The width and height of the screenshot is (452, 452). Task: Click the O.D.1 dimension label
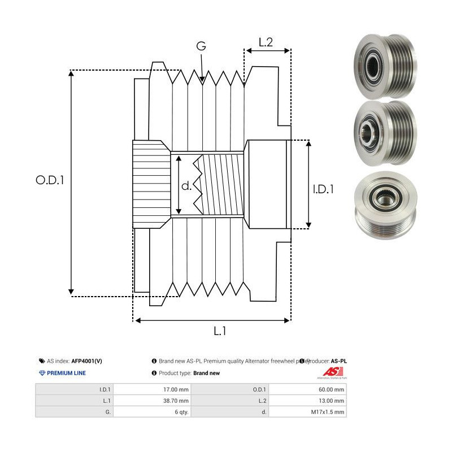(x=50, y=181)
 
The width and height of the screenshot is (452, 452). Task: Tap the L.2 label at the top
(x=266, y=42)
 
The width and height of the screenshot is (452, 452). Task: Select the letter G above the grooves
(x=201, y=47)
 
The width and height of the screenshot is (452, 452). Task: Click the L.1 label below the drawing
(x=220, y=332)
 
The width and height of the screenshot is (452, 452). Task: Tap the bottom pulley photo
(x=384, y=204)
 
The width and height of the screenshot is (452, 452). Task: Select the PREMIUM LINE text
(x=66, y=373)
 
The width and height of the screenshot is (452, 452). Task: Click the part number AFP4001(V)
(x=87, y=360)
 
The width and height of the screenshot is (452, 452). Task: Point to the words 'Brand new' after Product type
(x=206, y=373)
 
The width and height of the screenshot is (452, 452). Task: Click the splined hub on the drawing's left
(x=151, y=184)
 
